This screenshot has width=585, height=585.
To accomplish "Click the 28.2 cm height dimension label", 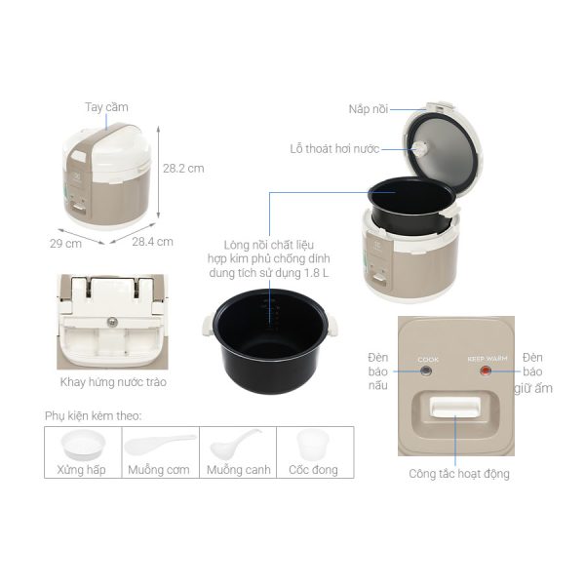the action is (183, 169).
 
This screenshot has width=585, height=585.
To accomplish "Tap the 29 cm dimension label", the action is (65, 244).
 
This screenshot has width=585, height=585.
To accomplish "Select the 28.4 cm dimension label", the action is (153, 242).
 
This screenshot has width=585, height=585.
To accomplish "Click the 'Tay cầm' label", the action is (106, 107).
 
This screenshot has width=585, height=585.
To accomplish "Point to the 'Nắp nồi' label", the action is (369, 109).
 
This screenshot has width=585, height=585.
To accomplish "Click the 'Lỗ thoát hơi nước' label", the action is (334, 149).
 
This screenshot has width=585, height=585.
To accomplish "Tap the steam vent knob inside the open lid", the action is (420, 149).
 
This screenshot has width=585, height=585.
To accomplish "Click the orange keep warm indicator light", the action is (486, 370).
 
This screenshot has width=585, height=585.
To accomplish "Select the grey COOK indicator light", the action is (426, 371).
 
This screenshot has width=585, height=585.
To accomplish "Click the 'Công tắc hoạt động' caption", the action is (459, 474).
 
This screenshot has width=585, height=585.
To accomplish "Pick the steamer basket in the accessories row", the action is (83, 445).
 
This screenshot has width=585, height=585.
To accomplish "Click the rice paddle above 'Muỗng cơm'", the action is (161, 444).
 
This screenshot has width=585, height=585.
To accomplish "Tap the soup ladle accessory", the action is (235, 444).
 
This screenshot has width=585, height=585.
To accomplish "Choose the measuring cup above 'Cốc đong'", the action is (313, 445).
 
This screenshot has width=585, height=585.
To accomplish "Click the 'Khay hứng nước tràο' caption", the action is (113, 382).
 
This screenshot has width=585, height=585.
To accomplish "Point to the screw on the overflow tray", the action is (112, 322).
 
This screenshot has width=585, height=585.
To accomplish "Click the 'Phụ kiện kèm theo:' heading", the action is (94, 415).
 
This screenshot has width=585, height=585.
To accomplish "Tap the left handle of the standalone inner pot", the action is (209, 326).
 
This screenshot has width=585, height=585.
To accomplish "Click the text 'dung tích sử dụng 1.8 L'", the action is (269, 273).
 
